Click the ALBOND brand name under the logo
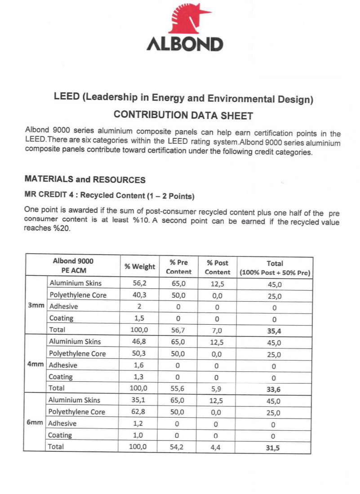(x=185, y=44)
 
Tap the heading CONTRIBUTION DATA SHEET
(x=183, y=115)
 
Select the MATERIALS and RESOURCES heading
(x=85, y=180)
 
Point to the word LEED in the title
(x=66, y=97)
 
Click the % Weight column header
(x=140, y=266)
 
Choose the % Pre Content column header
(x=178, y=267)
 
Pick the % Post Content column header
(x=218, y=267)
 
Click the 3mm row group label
(x=36, y=306)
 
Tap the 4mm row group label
(x=36, y=365)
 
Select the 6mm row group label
(x=35, y=423)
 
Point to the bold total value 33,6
(x=274, y=389)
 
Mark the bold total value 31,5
(x=273, y=447)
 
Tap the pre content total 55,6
(x=178, y=388)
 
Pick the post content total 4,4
(x=215, y=447)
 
